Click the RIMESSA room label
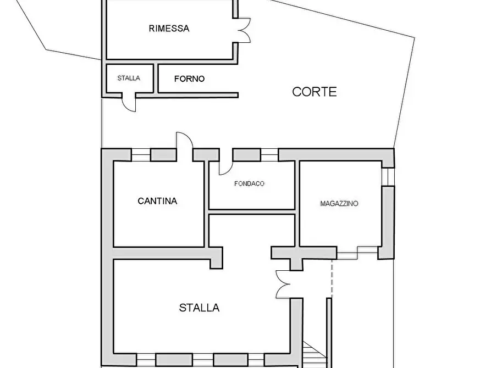169,29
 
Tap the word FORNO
189,79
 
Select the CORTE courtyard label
314,92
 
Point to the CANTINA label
157,201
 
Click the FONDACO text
249,183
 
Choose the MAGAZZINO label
339,203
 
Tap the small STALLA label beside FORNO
128,78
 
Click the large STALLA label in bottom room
199,308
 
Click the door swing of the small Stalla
129,103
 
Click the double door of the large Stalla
283,284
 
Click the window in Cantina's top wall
141,155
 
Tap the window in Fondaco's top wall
269,155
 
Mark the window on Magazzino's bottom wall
348,253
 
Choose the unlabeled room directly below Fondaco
251,231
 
